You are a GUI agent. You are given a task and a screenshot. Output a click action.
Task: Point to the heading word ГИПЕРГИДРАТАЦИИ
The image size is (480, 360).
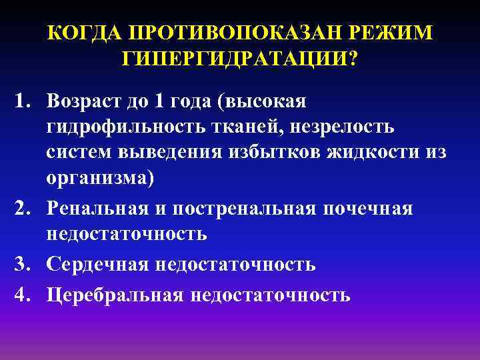(x=239, y=59)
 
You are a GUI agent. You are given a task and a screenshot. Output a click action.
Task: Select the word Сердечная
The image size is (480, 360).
(x=99, y=265)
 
